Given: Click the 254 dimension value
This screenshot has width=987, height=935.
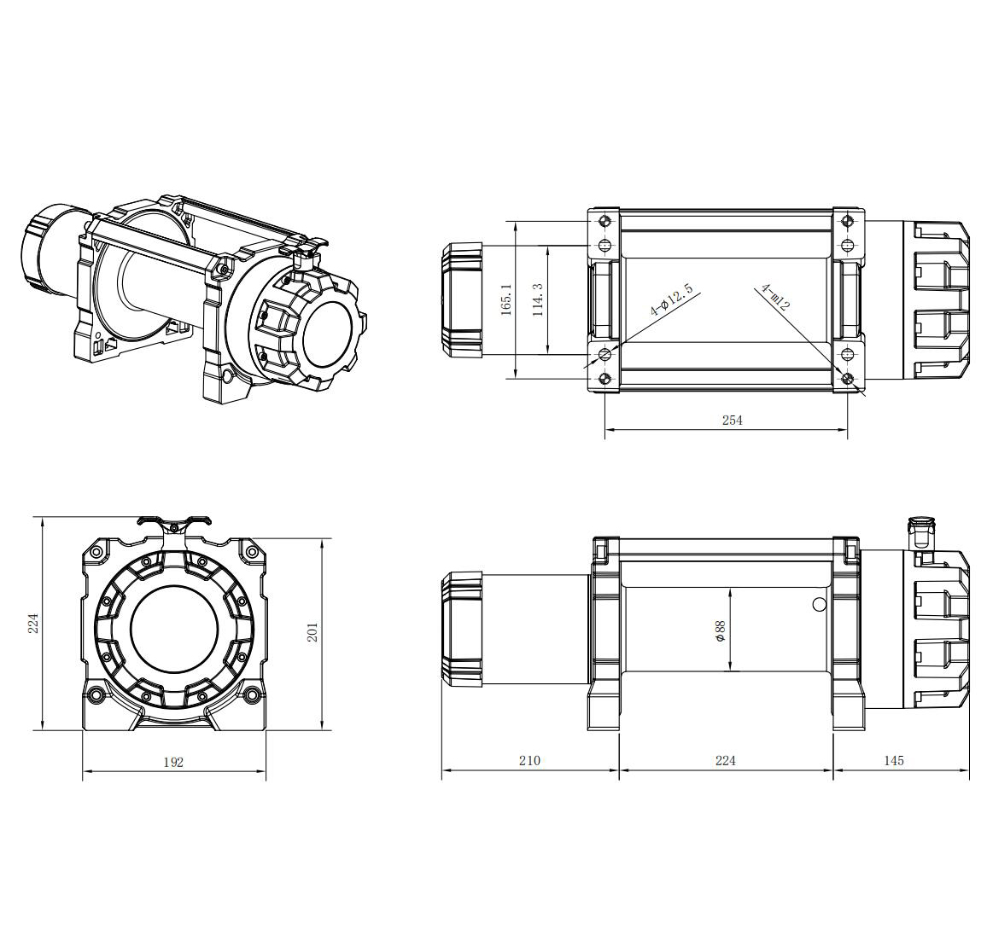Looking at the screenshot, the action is [x=732, y=420].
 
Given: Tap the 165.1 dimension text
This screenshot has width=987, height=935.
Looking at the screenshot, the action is [x=506, y=299].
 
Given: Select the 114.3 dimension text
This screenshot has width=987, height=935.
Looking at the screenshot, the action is [x=538, y=299].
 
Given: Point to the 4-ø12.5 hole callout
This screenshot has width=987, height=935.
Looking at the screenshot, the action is [x=671, y=300].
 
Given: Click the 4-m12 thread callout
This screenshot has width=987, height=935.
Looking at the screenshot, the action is [x=774, y=298].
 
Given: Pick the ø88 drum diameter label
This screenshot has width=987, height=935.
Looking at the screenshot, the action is [x=720, y=630].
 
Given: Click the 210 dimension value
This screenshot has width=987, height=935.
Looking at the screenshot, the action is [x=529, y=761].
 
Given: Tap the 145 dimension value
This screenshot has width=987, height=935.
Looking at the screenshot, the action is [x=894, y=761].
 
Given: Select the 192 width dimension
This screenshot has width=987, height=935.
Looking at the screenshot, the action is [x=173, y=762].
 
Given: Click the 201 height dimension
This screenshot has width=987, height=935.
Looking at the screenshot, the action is [x=312, y=632].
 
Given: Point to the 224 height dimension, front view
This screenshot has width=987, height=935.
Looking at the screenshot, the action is [x=34, y=623].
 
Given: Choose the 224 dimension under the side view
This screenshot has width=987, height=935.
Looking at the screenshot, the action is [x=725, y=761].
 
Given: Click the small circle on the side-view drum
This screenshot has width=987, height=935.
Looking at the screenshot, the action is [x=819, y=604].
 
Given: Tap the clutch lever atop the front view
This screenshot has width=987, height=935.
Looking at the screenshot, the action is [x=172, y=523].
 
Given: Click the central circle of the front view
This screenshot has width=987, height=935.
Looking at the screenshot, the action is [x=174, y=630].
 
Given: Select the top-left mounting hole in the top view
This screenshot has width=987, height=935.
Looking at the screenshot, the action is [x=604, y=221].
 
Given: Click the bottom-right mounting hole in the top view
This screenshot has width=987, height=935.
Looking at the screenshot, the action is [x=847, y=379].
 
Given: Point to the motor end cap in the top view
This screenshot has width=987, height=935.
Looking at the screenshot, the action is [x=461, y=300].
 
